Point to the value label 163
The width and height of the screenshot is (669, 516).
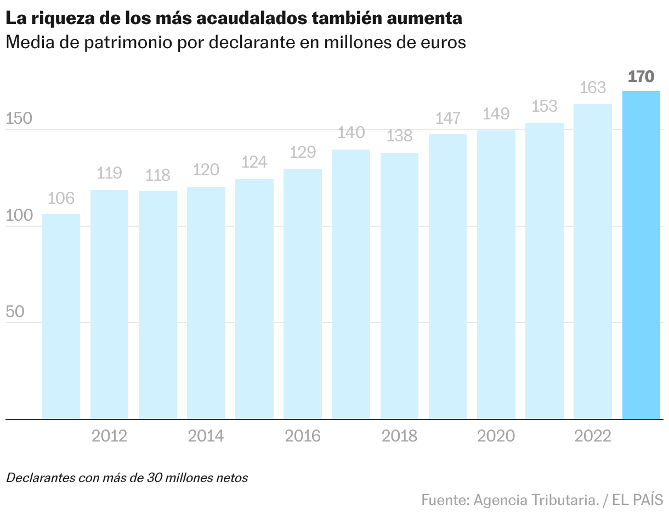[x=593, y=88]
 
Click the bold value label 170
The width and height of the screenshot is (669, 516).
[x=641, y=76]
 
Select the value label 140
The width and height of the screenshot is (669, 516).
[x=351, y=133]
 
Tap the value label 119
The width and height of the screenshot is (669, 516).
[x=109, y=173]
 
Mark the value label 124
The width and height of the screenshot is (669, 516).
[x=254, y=162]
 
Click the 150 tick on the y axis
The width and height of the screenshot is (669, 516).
[x=19, y=119]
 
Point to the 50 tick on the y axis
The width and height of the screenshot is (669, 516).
[x=15, y=312]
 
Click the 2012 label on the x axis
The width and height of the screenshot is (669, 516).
[x=109, y=436]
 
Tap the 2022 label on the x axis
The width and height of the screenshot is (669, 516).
[x=593, y=436]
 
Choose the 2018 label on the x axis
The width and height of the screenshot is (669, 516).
[x=399, y=436]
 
